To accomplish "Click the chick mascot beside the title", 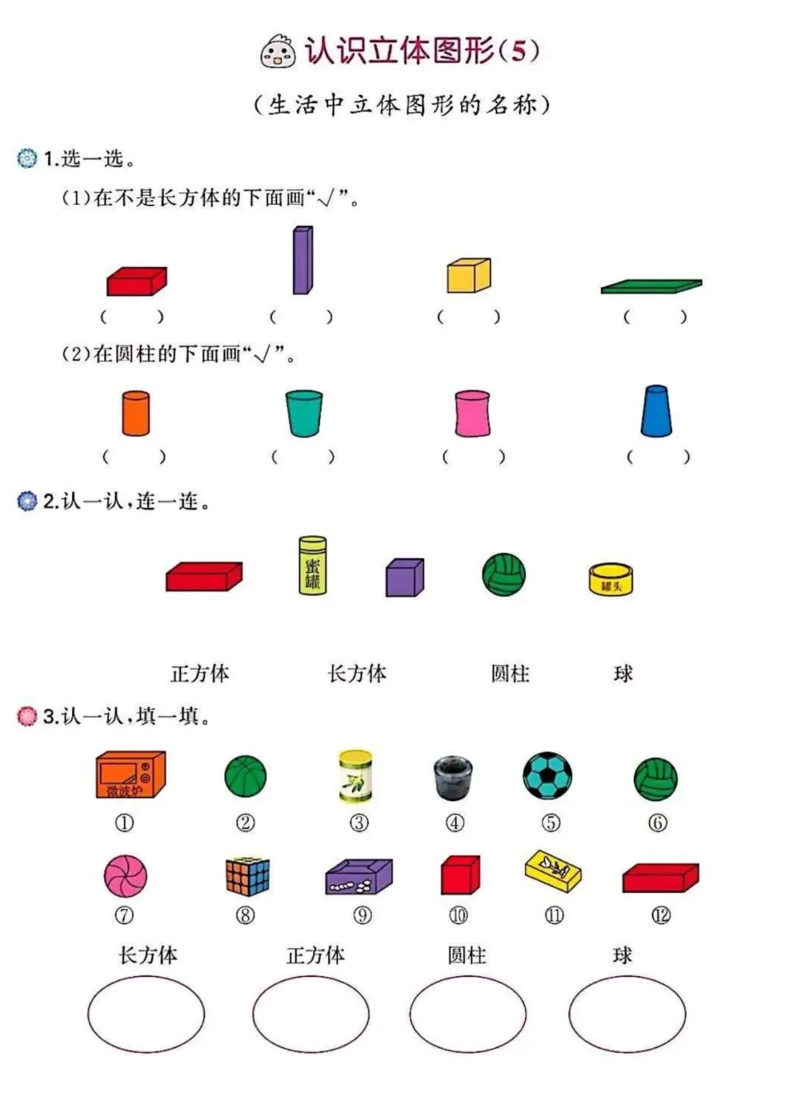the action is click(278, 51).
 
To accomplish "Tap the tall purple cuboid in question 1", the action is click(303, 260).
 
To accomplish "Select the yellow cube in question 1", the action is click(469, 276).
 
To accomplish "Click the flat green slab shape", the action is click(651, 286).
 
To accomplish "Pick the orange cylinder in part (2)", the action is click(136, 413).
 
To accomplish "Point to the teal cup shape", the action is click(304, 413).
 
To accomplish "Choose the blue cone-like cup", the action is click(656, 411).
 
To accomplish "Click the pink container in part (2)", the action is click(472, 413).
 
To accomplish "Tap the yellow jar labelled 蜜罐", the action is click(312, 565).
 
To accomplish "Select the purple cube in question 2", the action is click(405, 577).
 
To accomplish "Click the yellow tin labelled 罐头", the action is click(611, 580).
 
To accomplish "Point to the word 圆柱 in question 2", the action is click(510, 674).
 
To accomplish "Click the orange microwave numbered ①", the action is click(130, 775).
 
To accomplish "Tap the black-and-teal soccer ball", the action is click(547, 776).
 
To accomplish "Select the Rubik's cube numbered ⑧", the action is click(247, 877).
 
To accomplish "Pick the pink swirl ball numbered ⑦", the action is click(125, 875).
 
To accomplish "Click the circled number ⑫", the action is click(661, 915).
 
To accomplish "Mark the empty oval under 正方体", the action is click(311, 1014).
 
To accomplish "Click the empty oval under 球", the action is click(627, 1014).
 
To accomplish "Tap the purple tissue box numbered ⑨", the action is click(359, 877).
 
